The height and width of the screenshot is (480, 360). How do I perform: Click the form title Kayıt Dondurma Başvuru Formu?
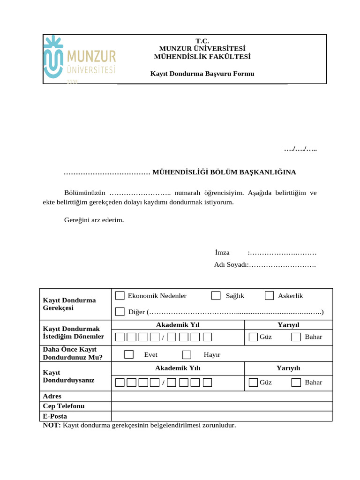click(x=202, y=74)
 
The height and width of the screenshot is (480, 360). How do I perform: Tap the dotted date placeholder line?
click(x=300, y=149)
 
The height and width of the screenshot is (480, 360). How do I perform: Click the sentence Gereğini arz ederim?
click(x=94, y=219)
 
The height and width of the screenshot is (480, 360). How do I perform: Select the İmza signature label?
click(x=222, y=253)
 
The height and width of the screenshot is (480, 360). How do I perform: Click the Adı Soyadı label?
click(x=231, y=265)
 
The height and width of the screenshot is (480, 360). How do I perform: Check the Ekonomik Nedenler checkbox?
click(x=120, y=295)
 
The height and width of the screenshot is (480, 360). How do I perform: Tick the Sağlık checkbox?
click(x=216, y=295)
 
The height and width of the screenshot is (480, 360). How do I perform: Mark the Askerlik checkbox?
click(x=269, y=295)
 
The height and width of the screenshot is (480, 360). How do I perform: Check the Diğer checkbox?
click(x=120, y=312)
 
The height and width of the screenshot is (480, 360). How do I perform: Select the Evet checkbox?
click(x=129, y=354)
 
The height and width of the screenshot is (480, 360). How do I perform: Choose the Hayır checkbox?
click(x=187, y=354)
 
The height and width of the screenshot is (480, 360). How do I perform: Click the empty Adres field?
click(x=222, y=397)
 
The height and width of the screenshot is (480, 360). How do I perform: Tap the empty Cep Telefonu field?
click(x=222, y=406)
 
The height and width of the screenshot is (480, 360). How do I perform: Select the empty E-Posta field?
click(x=222, y=416)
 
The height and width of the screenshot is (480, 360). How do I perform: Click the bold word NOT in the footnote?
click(x=51, y=425)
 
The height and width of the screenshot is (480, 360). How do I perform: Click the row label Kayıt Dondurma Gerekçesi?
click(x=69, y=304)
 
